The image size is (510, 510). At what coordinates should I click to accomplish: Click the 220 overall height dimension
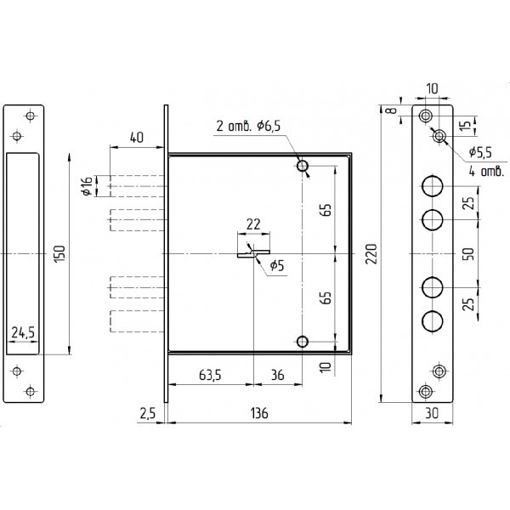coord(371,253)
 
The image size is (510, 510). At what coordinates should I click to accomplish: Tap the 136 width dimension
coord(259,413)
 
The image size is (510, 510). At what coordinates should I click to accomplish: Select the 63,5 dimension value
coord(210,375)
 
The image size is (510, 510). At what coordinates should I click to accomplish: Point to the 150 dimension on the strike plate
coord(61,254)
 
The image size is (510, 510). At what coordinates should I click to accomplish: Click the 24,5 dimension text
coord(23,332)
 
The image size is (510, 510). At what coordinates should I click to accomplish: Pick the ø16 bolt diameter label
coord(88,185)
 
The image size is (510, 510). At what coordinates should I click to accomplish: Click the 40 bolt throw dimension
coord(136,137)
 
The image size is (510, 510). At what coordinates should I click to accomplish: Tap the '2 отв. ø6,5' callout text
coord(248,126)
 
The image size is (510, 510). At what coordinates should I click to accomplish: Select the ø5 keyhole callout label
coord(277,266)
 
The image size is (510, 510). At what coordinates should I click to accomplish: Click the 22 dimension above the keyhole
coord(253,224)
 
